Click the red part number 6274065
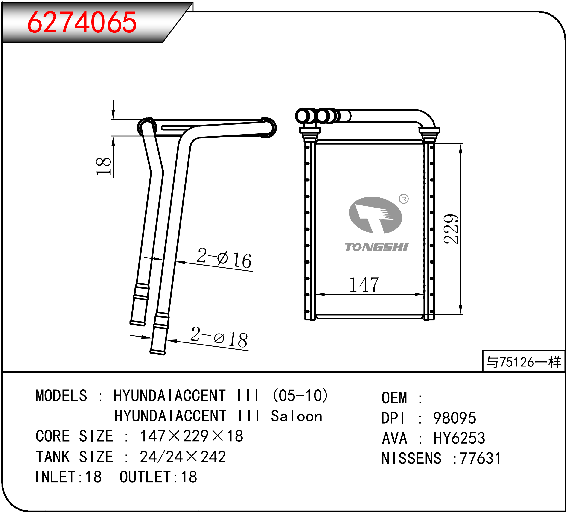point(82,22)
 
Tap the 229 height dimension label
point(451,229)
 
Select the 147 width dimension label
point(364,285)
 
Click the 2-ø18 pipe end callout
point(219,338)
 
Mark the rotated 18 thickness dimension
point(103,166)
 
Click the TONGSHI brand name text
point(376,247)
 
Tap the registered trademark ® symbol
point(404,199)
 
